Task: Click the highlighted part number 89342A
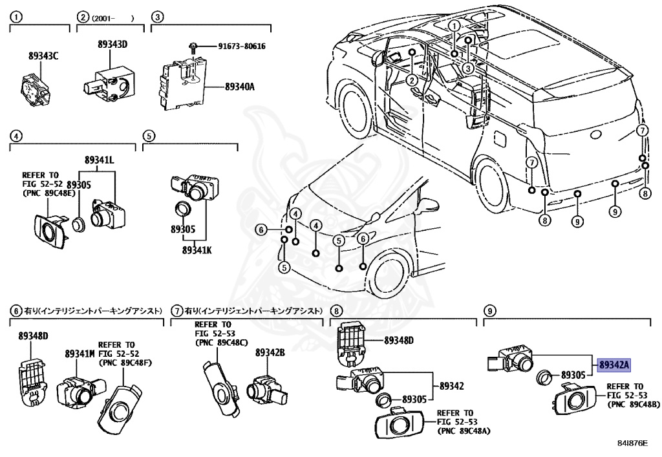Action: [614, 365]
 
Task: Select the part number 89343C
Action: [43, 56]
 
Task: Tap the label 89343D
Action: [112, 45]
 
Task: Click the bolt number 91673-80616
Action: [242, 46]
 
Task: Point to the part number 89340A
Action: [240, 87]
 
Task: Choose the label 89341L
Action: [99, 160]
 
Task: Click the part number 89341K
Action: [197, 250]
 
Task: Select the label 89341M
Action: [80, 354]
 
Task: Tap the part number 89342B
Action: [270, 353]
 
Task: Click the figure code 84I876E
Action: [632, 443]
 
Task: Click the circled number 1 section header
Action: [16, 17]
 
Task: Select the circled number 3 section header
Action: [157, 17]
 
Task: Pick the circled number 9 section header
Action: [489, 312]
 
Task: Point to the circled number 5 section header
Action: [149, 136]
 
